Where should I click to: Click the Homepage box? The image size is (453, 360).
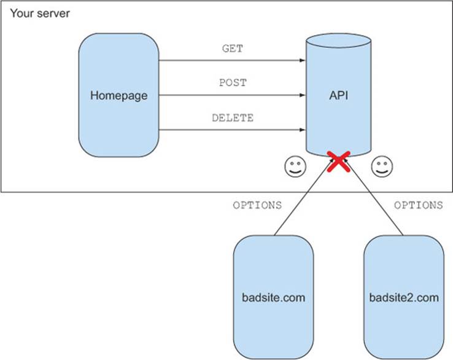(x=118, y=95)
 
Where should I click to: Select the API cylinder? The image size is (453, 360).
(x=339, y=95)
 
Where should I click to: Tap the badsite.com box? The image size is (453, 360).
(x=274, y=297)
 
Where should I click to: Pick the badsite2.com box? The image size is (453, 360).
(x=404, y=297)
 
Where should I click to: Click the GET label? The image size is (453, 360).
(x=233, y=49)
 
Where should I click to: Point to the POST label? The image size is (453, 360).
(x=233, y=83)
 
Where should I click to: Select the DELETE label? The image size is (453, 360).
(x=233, y=118)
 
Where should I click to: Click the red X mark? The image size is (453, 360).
(x=339, y=162)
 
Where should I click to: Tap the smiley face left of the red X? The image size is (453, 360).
(x=295, y=166)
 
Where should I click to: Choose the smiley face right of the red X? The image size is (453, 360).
(x=382, y=166)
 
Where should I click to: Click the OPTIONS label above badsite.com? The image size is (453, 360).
(x=257, y=205)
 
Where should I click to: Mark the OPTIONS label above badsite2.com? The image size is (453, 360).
(x=419, y=205)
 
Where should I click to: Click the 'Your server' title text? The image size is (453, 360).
(x=40, y=14)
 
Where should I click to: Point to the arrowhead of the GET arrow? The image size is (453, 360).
(x=303, y=60)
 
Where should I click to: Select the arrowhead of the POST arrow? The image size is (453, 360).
(x=303, y=95)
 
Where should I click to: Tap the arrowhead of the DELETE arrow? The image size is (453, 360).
(x=303, y=130)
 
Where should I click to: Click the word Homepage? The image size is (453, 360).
(x=118, y=96)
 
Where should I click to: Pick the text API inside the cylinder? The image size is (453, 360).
(x=339, y=95)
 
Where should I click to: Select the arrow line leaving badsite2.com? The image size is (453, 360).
(x=373, y=197)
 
